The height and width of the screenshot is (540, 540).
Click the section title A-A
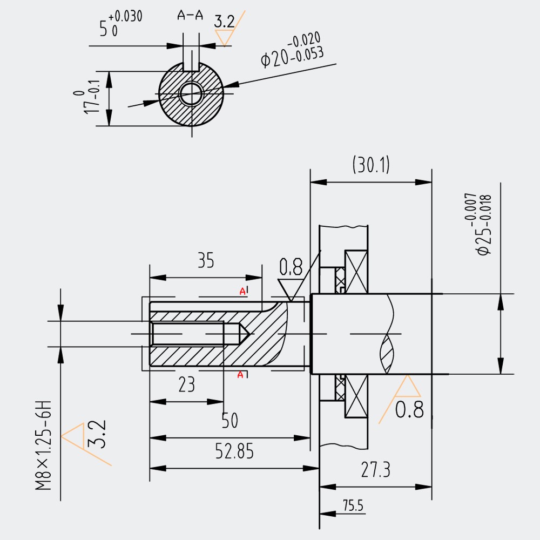pos(190,16)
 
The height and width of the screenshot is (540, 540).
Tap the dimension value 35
pos(206,261)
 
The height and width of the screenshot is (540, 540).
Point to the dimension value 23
pos(186,384)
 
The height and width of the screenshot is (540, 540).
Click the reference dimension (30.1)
pos(371,165)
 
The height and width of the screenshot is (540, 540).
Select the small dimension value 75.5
pos(353,506)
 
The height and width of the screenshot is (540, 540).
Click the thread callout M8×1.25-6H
pos(44,446)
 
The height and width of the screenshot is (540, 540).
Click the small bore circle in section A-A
pos(191,94)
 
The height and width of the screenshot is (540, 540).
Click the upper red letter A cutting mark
pos(242,292)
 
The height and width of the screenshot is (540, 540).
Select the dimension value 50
pos(230,420)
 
